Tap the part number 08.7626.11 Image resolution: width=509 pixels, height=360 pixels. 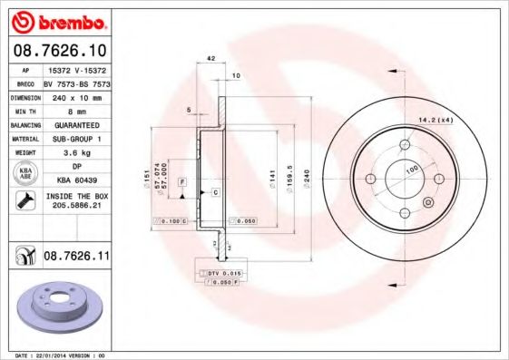pyautogui.click(x=76, y=258)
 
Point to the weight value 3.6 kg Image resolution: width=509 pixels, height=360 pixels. pyautogui.click(x=76, y=153)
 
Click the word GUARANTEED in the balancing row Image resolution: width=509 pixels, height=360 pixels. pyautogui.click(x=76, y=124)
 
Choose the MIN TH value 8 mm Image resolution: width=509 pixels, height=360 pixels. pyautogui.click(x=76, y=110)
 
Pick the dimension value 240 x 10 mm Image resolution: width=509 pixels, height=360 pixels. pyautogui.click(x=76, y=96)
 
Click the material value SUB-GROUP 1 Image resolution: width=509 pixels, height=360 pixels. pyautogui.click(x=76, y=139)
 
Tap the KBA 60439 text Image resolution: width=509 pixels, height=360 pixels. pyautogui.click(x=76, y=181)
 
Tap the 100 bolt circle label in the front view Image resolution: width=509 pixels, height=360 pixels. pyautogui.click(x=411, y=169)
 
